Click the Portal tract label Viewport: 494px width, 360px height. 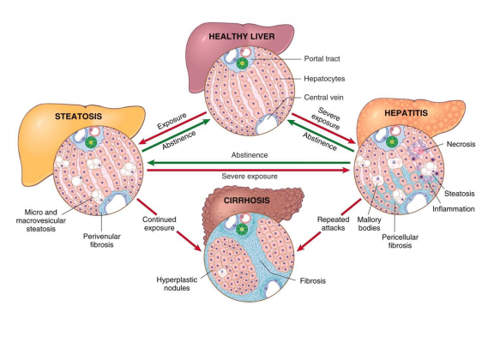click(x=324, y=58)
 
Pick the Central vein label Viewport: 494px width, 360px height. click(x=324, y=98)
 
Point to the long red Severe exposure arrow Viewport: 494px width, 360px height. click(x=248, y=171)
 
